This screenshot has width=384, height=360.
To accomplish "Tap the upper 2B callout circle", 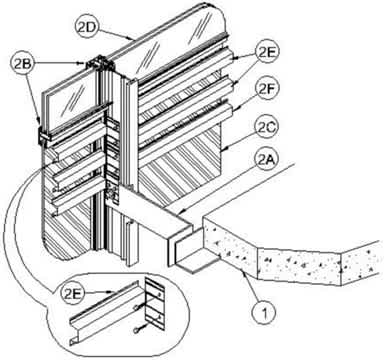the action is point(22,63).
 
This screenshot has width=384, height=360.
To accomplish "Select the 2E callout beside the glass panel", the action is point(266,53).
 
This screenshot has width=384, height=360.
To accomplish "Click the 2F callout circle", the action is point(266,90).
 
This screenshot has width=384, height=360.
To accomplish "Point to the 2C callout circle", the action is point(266,127).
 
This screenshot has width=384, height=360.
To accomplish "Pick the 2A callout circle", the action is point(266,160).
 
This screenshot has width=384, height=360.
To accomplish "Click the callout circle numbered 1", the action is point(264,313).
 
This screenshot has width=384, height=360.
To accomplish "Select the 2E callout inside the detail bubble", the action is point(73,293).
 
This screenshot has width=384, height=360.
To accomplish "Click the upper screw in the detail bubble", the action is point(137,307).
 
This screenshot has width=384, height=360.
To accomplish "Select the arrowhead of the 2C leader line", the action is point(221,150).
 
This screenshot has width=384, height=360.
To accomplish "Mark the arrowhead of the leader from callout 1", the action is point(244,273).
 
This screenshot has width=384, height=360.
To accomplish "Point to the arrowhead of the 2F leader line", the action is point(231,110).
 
